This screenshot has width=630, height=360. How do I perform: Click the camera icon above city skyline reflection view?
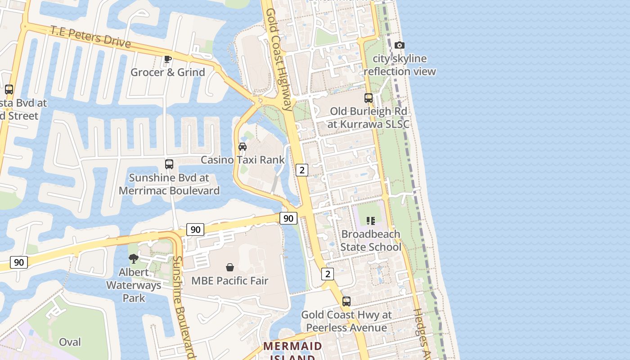pyautogui.click(x=399, y=45)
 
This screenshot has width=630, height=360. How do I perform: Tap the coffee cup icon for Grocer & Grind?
pyautogui.click(x=168, y=59)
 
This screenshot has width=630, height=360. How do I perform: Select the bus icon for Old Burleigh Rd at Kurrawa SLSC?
pyautogui.click(x=369, y=98)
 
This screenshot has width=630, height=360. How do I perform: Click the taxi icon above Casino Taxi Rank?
pyautogui.click(x=243, y=146)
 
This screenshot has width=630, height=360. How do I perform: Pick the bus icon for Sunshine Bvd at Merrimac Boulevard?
pyautogui.click(x=169, y=164)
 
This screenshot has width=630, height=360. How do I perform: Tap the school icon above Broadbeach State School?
pyautogui.click(x=370, y=220)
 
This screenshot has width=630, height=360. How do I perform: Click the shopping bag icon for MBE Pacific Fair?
pyautogui.click(x=230, y=267)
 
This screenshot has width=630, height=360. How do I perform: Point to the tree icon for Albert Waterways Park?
pyautogui.click(x=133, y=258)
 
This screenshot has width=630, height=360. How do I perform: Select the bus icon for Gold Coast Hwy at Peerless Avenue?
pyautogui.click(x=346, y=301)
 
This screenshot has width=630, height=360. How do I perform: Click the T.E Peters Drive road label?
pyautogui.click(x=90, y=37)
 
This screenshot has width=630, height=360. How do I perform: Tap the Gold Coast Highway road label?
pyautogui.click(x=279, y=58)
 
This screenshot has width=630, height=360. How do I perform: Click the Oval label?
pyautogui.click(x=70, y=342)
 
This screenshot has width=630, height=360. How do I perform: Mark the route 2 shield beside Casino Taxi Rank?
pyautogui.click(x=301, y=170)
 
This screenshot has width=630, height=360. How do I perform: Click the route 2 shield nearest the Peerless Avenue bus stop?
pyautogui.click(x=328, y=274)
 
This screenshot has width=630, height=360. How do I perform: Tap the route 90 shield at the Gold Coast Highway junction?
pyautogui.click(x=288, y=219)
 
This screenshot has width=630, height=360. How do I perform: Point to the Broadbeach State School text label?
pyautogui.click(x=370, y=241)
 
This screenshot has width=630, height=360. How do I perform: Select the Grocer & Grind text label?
pyautogui.click(x=167, y=72)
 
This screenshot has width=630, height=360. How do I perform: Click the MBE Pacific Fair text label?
pyautogui.click(x=229, y=281)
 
